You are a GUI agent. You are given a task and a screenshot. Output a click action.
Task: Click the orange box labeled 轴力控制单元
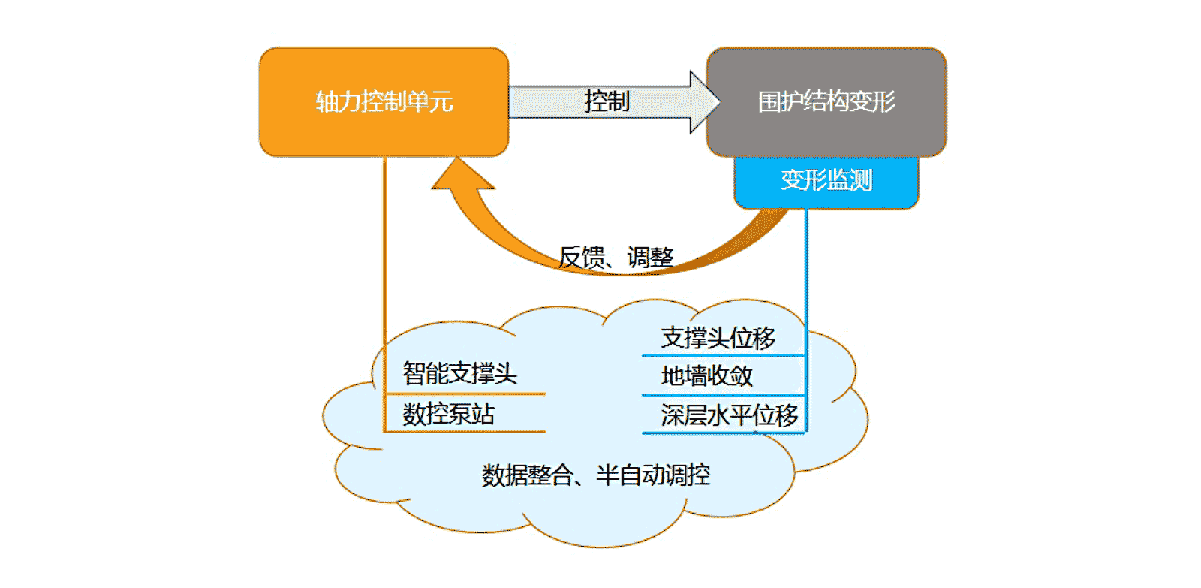384,101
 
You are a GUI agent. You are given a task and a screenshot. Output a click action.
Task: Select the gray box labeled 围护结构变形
826,101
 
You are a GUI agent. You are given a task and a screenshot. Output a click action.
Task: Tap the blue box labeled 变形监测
826,181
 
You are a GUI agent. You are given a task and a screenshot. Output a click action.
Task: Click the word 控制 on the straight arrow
607,101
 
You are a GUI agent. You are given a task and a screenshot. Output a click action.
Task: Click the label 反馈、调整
616,258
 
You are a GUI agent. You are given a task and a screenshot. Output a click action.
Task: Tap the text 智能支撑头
459,373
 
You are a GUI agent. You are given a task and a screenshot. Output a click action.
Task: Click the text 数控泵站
448,414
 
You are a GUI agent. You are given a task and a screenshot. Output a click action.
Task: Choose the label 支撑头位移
718,338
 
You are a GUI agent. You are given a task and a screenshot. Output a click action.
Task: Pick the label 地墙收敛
706,375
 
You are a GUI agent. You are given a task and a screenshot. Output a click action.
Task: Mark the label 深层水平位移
729,415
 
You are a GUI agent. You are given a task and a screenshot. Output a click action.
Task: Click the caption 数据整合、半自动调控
595,475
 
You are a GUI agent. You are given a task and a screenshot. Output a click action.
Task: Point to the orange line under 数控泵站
465,432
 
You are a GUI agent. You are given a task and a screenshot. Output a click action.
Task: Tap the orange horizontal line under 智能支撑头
465,393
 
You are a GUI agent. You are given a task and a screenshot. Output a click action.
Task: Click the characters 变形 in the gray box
872,101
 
